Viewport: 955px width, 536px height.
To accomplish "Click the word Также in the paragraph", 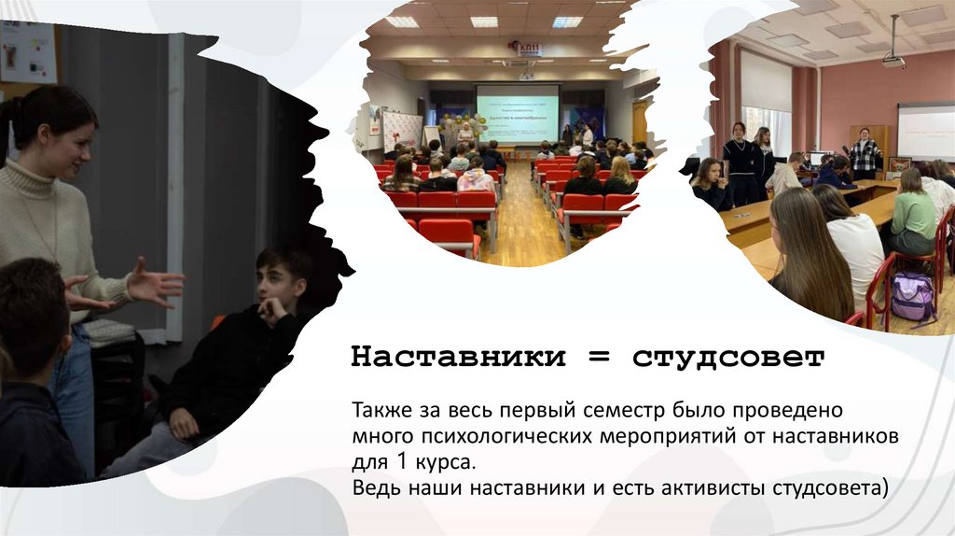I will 380,410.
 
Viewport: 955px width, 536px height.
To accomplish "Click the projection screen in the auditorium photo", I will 518,114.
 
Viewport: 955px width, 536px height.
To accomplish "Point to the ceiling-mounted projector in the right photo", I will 893,62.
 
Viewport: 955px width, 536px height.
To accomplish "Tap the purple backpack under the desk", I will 912,296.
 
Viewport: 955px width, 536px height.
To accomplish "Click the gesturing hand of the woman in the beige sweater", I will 154,281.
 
